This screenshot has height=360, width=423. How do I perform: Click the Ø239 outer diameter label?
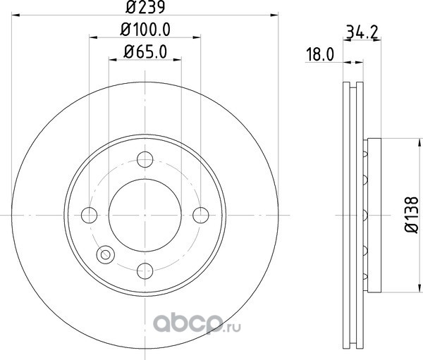(x=145, y=7)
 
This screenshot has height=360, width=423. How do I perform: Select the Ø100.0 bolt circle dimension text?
(x=145, y=30)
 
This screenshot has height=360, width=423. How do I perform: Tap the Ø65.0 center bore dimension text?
(x=145, y=51)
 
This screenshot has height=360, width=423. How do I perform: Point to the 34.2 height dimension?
(x=362, y=32)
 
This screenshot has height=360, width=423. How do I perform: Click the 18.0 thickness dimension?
(x=319, y=54)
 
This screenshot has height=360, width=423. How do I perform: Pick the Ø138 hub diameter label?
(x=412, y=215)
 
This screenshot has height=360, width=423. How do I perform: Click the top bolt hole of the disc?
(x=145, y=159)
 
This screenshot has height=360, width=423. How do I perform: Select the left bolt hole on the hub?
(x=89, y=215)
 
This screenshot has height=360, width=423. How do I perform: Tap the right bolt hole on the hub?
(x=201, y=215)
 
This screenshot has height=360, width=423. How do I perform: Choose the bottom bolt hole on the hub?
(x=145, y=271)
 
